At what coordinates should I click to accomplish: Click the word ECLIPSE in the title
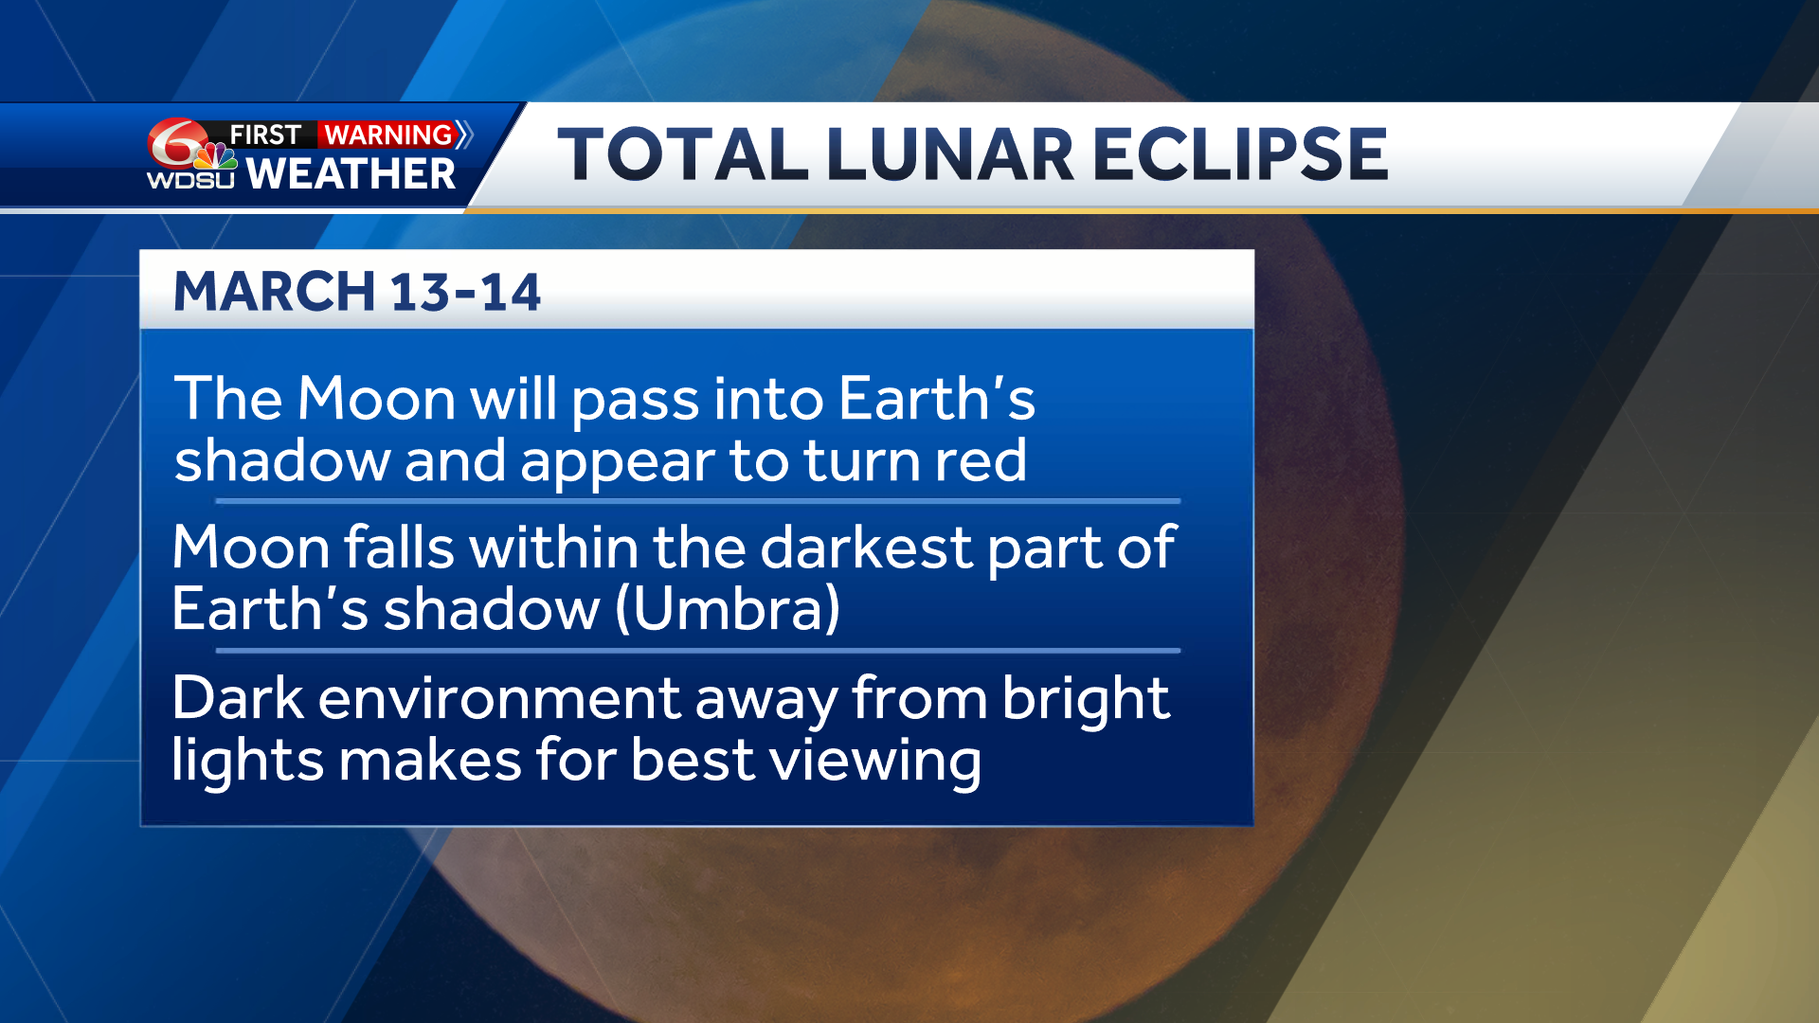click(1240, 154)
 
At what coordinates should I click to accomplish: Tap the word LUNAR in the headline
click(949, 154)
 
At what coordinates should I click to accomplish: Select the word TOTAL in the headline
click(681, 154)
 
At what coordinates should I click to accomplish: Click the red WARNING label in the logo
click(388, 135)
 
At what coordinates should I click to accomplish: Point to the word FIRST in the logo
click(265, 135)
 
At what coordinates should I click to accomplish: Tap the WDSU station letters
click(189, 179)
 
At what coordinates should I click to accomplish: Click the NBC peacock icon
click(216, 156)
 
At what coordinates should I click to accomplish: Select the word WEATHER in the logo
click(351, 174)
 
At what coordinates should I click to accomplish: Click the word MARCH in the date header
click(275, 292)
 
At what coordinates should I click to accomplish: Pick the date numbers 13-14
click(465, 292)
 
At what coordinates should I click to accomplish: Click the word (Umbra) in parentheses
click(728, 608)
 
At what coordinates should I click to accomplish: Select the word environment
click(499, 699)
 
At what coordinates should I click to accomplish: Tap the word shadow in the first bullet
click(282, 460)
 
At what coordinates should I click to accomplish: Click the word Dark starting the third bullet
click(238, 699)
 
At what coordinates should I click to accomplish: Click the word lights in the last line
click(246, 762)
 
